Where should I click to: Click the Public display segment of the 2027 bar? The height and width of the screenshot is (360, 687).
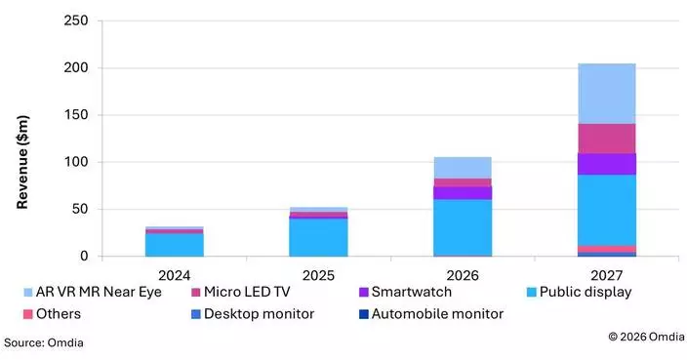click(606, 210)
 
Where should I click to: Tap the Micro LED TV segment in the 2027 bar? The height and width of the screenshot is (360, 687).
click(606, 139)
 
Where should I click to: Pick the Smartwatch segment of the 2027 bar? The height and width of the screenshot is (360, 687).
click(606, 164)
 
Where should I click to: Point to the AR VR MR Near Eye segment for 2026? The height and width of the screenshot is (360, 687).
click(463, 167)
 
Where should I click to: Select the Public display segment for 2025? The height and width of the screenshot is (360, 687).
click(318, 237)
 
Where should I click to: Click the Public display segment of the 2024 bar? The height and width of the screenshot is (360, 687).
click(175, 244)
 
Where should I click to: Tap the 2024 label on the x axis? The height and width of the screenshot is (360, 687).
click(175, 274)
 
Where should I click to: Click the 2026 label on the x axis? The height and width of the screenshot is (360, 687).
click(463, 274)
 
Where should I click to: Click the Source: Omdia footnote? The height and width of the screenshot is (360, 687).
click(44, 342)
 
